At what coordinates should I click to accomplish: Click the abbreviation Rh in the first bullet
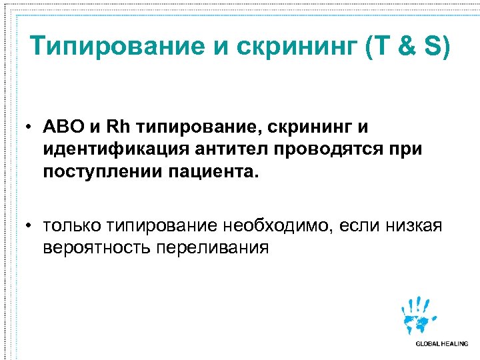tap(119, 127)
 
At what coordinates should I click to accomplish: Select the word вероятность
tap(97, 249)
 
